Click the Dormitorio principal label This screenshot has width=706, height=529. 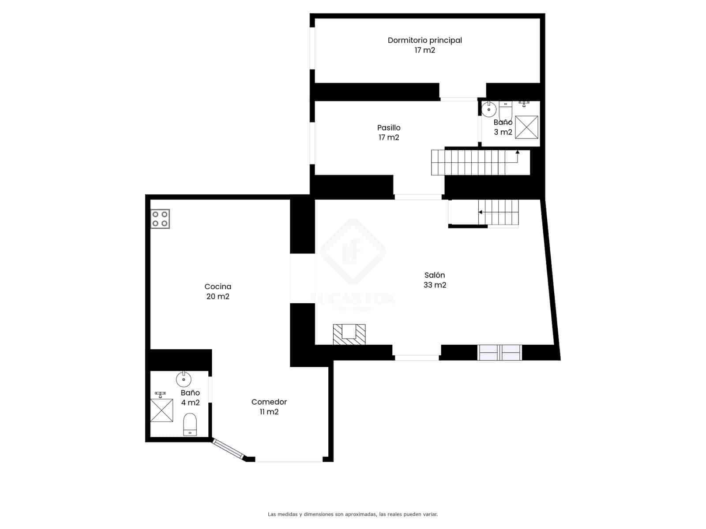(424, 40)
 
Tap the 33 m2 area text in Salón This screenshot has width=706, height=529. (435, 285)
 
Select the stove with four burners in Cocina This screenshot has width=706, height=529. (160, 219)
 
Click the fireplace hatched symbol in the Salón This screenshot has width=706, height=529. (349, 334)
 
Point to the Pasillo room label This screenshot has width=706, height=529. (389, 128)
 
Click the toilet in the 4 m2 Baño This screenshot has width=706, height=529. (190, 424)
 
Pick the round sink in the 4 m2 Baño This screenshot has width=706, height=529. (183, 378)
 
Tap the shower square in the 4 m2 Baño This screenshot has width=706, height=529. (161, 410)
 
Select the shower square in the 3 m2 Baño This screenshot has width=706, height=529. (526, 127)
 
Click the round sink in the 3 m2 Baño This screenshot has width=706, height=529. (489, 108)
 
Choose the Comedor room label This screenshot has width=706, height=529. (269, 402)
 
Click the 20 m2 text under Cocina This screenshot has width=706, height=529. (218, 297)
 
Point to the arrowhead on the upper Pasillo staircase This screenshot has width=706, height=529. (517, 152)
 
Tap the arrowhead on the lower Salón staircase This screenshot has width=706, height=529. (480, 212)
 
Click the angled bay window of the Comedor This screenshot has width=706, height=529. (228, 449)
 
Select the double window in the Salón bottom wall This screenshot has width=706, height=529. (500, 353)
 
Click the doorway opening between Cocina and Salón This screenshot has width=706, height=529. (302, 278)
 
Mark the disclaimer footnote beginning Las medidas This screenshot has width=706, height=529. (353, 514)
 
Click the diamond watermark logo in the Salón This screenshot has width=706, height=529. (353, 251)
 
